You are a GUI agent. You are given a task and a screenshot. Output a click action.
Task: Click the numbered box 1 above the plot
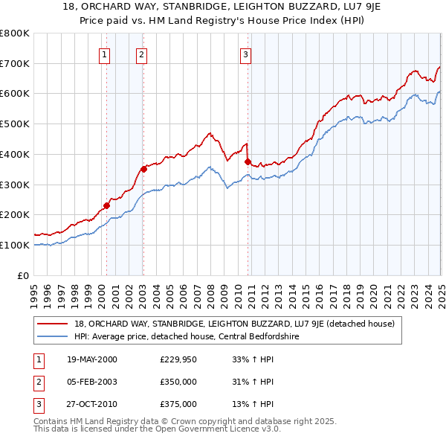pos(104,54)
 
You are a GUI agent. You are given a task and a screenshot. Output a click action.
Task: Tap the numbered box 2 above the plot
pos(141,54)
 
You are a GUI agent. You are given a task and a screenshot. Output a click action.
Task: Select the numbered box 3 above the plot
pos(245,54)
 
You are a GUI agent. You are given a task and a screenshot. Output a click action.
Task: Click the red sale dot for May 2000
pos(106,205)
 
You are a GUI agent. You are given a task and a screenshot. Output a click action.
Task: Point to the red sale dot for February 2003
pos(143,169)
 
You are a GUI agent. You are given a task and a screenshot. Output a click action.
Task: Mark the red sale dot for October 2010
pos(248,161)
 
